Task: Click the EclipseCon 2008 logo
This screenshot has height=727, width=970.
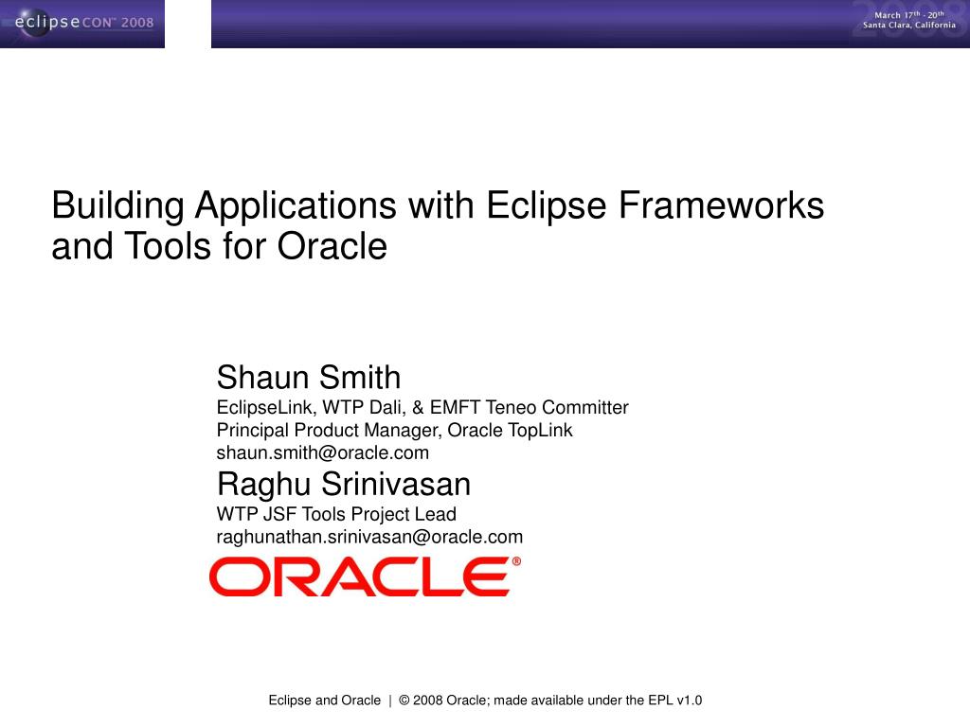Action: (x=81, y=23)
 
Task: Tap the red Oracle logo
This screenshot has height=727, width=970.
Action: (x=359, y=576)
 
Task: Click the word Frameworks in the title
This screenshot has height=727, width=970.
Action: (x=721, y=205)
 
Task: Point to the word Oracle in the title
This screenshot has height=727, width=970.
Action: (x=332, y=247)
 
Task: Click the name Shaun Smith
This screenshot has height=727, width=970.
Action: (x=309, y=378)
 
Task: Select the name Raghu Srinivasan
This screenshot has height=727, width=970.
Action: (x=343, y=485)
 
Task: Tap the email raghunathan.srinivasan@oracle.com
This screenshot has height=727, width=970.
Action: (x=369, y=537)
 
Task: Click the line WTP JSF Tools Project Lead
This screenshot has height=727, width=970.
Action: (x=336, y=514)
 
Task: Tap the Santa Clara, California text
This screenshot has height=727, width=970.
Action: (x=908, y=26)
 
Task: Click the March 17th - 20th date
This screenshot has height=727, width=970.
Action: (x=909, y=14)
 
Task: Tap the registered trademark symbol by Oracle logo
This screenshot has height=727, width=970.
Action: (x=516, y=561)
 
